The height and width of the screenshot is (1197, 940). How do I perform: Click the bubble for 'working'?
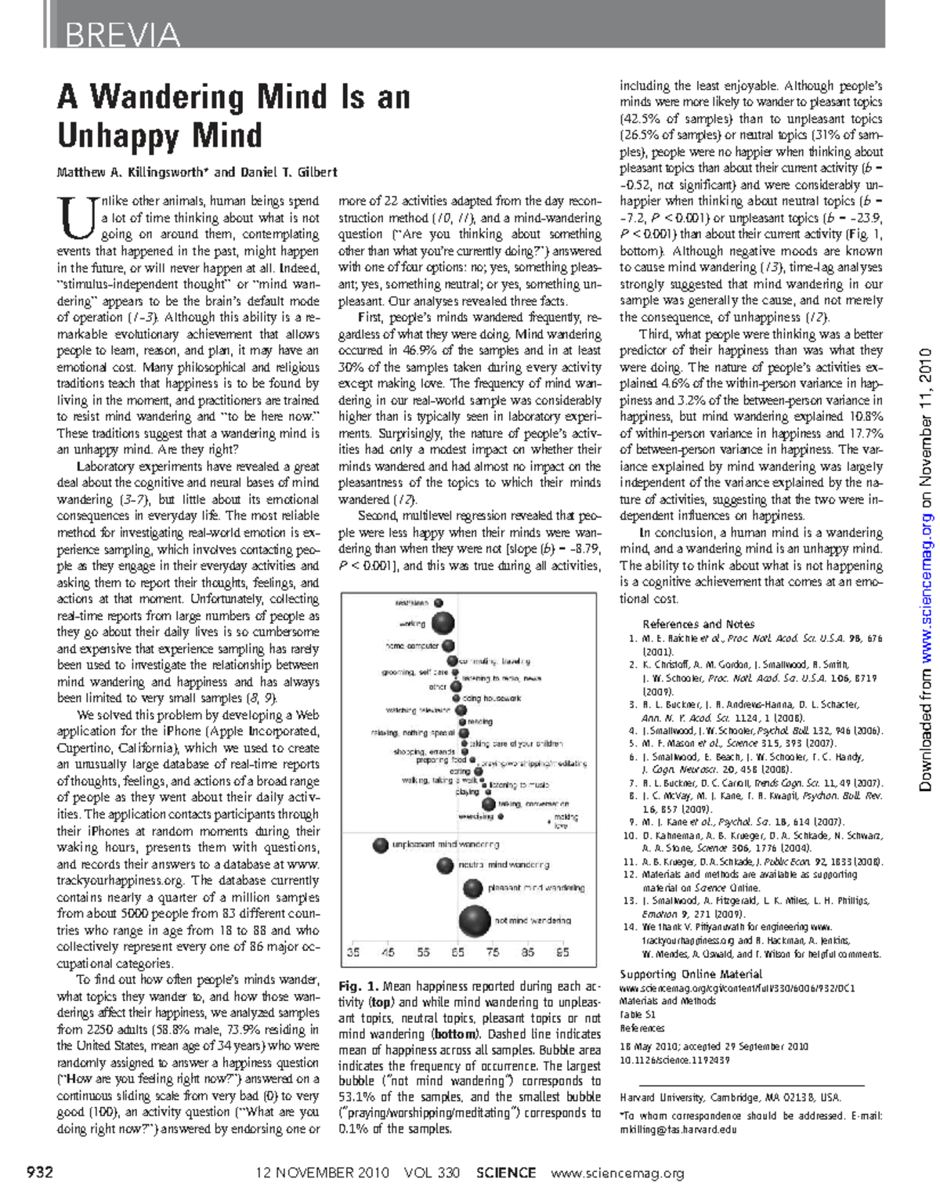[443, 623]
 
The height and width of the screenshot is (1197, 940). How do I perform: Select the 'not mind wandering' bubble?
[474, 920]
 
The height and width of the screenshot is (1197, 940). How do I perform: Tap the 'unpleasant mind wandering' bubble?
[380, 845]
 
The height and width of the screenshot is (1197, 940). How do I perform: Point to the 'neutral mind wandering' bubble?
[445, 865]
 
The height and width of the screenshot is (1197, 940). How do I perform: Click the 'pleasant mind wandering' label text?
[536, 888]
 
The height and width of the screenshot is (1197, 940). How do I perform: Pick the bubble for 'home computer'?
[449, 646]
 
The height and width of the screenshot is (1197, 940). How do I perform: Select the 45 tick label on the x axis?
[388, 952]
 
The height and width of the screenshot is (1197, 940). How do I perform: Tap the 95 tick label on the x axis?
[562, 952]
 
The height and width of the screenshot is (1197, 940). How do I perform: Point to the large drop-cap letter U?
[76, 218]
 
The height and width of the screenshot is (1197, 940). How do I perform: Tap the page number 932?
[40, 1173]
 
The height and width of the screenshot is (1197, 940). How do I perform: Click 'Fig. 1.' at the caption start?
[359, 986]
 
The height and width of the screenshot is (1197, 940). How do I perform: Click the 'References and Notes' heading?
[698, 624]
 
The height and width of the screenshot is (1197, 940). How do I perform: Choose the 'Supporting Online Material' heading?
[691, 974]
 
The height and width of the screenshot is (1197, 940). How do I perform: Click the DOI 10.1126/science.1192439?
[674, 1060]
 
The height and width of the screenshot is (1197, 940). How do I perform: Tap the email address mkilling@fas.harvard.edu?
[678, 1130]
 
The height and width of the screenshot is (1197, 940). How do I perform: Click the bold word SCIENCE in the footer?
[506, 1173]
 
